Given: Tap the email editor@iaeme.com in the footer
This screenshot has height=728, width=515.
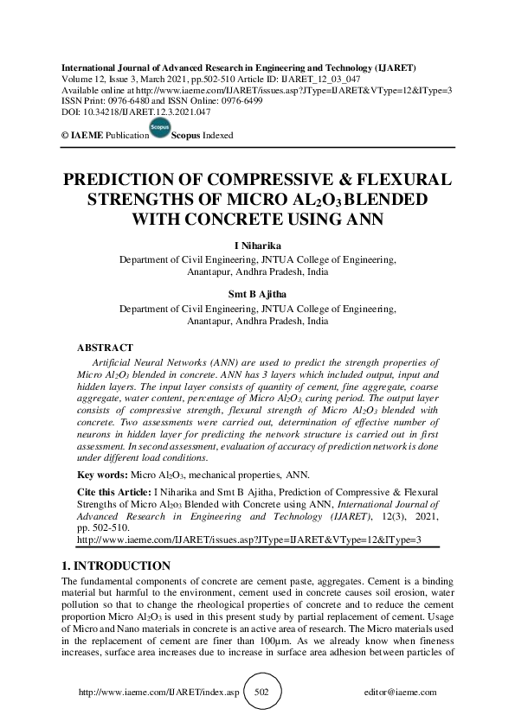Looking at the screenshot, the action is [402, 693].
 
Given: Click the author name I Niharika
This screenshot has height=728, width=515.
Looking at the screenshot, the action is [258, 246].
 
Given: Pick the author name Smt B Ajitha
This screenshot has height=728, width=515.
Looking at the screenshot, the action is [258, 293].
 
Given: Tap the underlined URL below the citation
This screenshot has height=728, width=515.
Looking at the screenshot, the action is [249, 539].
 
